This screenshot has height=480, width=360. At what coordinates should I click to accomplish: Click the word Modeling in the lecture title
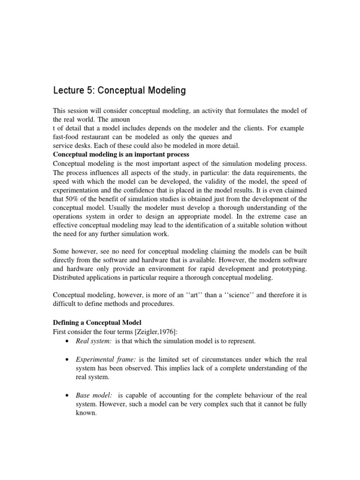162,90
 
